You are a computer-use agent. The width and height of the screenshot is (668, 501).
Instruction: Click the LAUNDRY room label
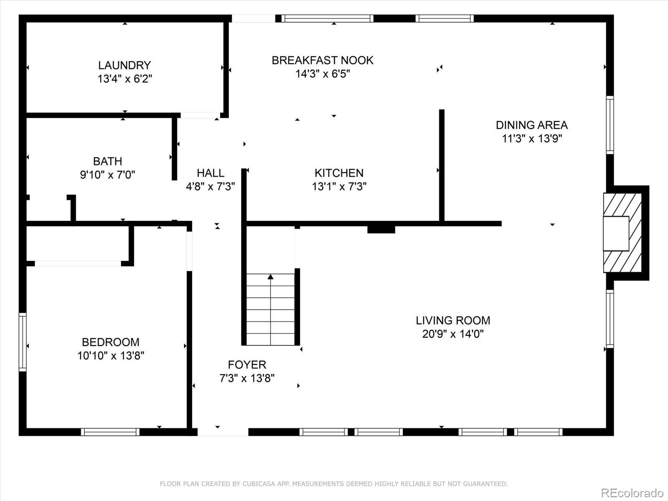[x=124, y=65]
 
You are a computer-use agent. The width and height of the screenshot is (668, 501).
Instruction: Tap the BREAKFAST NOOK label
[x=322, y=60]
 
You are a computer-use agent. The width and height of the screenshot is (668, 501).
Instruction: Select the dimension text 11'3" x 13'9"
[x=531, y=139]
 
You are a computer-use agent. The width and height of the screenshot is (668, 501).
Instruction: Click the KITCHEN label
[x=339, y=172]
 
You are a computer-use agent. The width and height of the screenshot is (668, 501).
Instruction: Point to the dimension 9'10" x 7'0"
[x=108, y=175]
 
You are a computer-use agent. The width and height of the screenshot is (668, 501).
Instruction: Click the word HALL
[x=210, y=172]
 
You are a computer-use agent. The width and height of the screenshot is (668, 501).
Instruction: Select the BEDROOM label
[x=111, y=342]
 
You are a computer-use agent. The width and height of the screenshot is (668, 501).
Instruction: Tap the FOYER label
[x=247, y=364]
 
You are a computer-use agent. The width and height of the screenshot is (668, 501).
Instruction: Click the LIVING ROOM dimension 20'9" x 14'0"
[x=453, y=334]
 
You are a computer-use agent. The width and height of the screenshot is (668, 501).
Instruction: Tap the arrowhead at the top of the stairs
[x=271, y=276]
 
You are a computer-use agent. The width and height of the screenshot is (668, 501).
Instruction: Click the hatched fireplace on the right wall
[x=622, y=233]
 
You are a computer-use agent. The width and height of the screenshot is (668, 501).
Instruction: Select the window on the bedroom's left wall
[x=23, y=342]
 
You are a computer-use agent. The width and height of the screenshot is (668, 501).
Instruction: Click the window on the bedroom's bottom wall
[x=110, y=432]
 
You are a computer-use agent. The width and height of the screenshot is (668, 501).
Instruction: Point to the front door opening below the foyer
[x=223, y=432]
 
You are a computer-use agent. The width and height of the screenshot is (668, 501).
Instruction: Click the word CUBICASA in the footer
[x=257, y=484]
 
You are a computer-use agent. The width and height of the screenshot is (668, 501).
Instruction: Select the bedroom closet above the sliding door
[x=77, y=244]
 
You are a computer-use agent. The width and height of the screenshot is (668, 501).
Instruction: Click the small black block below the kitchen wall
[x=381, y=229]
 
